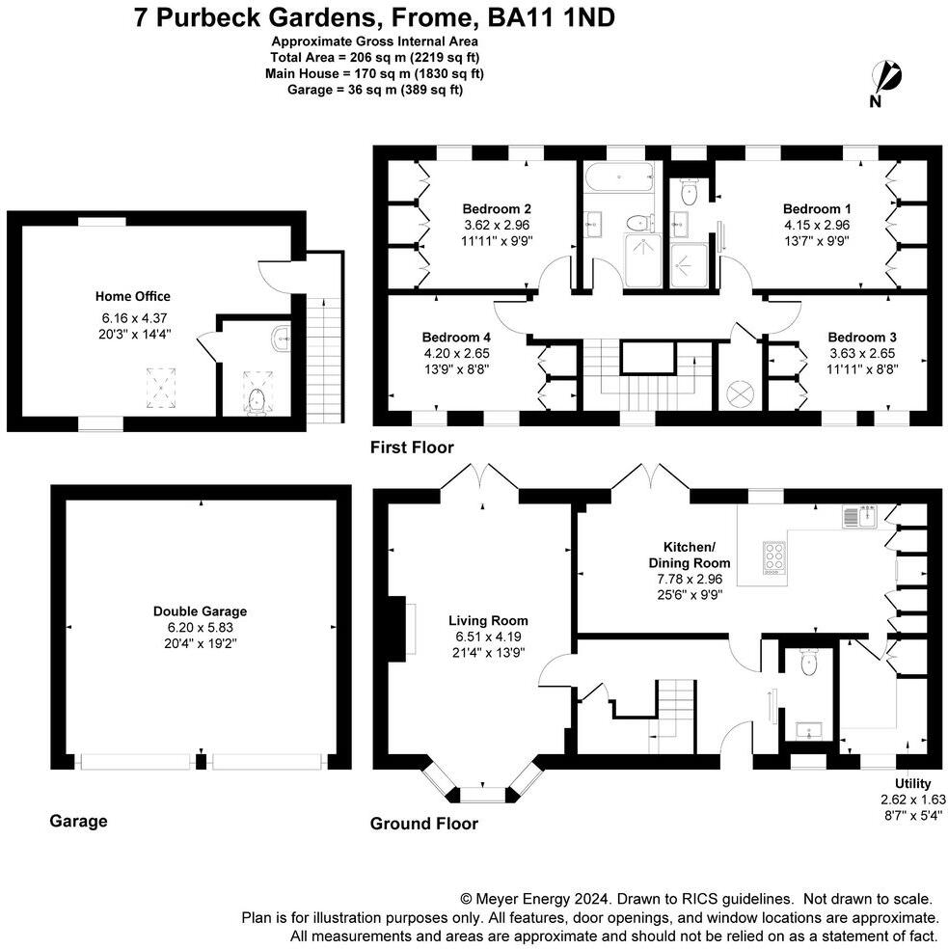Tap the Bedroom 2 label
(497, 208)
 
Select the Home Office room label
(132, 296)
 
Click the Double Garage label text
(200, 610)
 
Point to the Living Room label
(487, 620)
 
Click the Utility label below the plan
(912, 784)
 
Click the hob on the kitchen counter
(773, 556)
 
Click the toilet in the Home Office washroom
(255, 401)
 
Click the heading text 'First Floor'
(412, 447)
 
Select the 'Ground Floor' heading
(424, 824)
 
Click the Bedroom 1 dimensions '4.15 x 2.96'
(816, 225)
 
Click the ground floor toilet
(808, 662)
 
